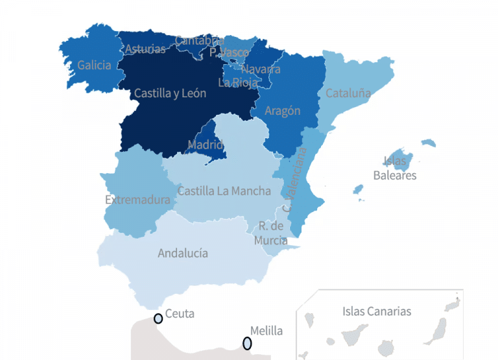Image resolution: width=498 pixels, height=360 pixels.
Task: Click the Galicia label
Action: pos(94,65)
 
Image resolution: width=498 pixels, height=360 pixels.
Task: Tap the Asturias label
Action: pos(145,49)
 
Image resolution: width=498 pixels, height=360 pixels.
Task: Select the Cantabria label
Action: pos(199,41)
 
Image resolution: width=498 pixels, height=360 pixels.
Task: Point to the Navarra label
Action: pos(261,69)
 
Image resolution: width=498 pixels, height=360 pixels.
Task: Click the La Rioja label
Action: pos(238,82)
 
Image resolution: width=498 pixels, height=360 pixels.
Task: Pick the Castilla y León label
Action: pos(170,93)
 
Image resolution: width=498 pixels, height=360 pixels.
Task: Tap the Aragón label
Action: pos(283,111)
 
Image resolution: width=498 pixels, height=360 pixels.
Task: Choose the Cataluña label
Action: pos(348,93)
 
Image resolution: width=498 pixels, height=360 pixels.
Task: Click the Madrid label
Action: pos(206,144)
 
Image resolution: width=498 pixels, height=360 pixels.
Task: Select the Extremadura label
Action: pos(137,199)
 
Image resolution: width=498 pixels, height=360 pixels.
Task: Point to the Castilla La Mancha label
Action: pos(224,191)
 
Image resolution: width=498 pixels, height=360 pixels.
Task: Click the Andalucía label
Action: pos(183,253)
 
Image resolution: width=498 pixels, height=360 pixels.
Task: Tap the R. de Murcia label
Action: pos(271,234)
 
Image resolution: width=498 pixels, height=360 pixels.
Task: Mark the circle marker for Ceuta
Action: pos(158,318)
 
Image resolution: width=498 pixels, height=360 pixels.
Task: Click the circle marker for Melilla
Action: pos(247,343)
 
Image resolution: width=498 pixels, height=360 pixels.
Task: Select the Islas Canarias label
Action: pos(377,311)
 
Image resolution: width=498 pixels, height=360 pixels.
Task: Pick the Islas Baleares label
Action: pos(395,168)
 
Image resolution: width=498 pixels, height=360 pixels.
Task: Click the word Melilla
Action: pos(267,331)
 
